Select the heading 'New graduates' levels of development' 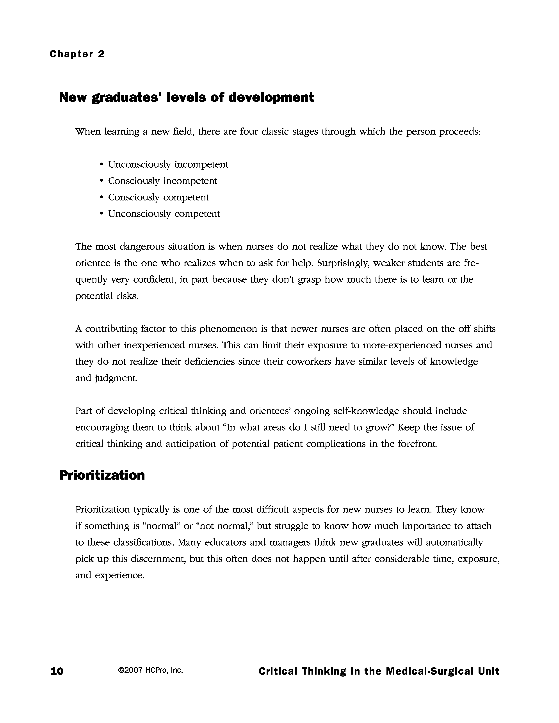pyautogui.click(x=186, y=97)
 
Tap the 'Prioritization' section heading pyautogui.click(x=102, y=475)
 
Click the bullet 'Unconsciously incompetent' pyautogui.click(x=168, y=165)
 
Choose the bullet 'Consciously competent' pyautogui.click(x=158, y=197)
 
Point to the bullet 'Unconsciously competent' pyautogui.click(x=164, y=214)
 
